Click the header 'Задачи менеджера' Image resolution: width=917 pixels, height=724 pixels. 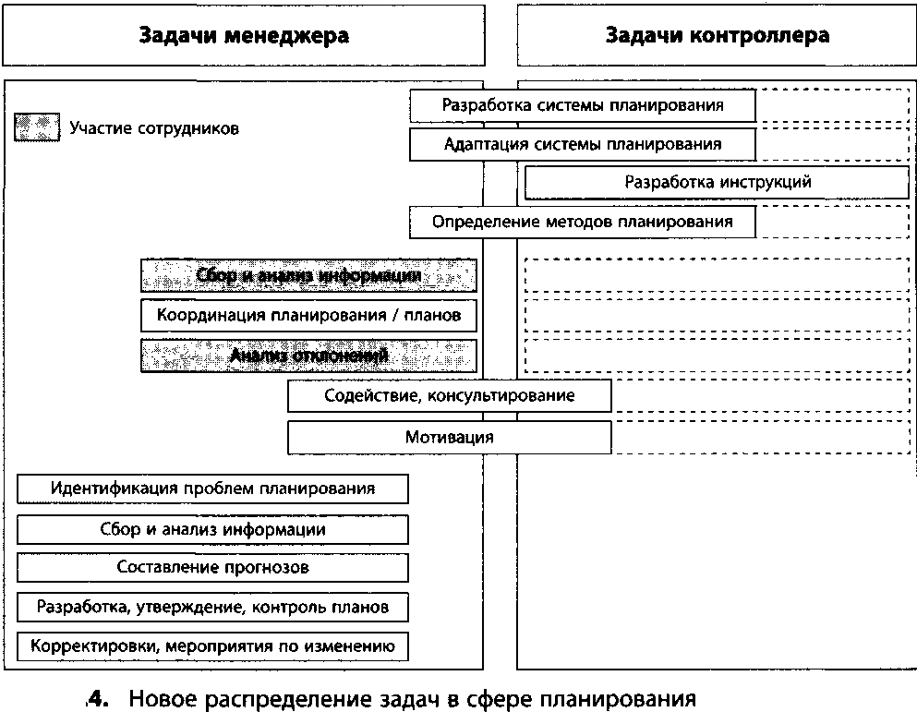[x=244, y=36]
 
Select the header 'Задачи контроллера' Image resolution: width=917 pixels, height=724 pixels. [x=717, y=36]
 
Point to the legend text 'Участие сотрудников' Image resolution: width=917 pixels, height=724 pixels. [x=154, y=128]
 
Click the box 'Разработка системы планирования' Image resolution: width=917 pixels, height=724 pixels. [x=583, y=105]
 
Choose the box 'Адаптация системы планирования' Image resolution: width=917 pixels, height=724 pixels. [x=583, y=144]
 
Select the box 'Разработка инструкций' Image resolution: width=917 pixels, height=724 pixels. [x=717, y=182]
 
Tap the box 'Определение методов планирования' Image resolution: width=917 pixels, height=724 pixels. [x=583, y=222]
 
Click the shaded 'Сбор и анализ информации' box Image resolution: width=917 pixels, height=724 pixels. [x=308, y=275]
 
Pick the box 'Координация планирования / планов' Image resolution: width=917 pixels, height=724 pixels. [x=308, y=316]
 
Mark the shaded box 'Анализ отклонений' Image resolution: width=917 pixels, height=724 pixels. [x=308, y=356]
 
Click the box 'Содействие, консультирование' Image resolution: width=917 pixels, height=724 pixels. [x=449, y=396]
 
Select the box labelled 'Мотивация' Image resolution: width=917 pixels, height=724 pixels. [x=449, y=437]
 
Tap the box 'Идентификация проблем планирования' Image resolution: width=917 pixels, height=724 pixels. [x=212, y=489]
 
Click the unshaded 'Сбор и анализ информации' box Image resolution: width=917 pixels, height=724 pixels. [x=212, y=530]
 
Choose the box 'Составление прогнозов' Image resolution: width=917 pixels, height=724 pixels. [x=212, y=568]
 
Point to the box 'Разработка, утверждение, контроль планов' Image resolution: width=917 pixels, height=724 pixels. [x=212, y=608]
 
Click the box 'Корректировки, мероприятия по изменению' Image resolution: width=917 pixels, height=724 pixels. [x=212, y=646]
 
